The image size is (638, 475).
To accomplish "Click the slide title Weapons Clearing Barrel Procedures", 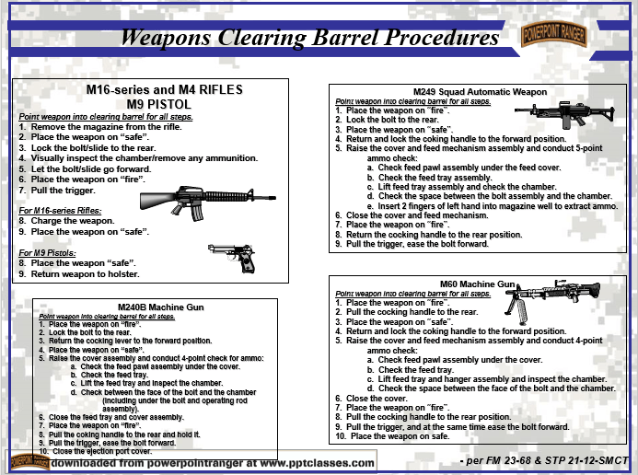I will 310,38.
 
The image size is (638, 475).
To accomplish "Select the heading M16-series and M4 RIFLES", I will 164,90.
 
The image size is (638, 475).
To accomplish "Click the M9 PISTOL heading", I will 164,104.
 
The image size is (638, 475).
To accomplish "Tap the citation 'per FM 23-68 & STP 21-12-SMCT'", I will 542,458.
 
